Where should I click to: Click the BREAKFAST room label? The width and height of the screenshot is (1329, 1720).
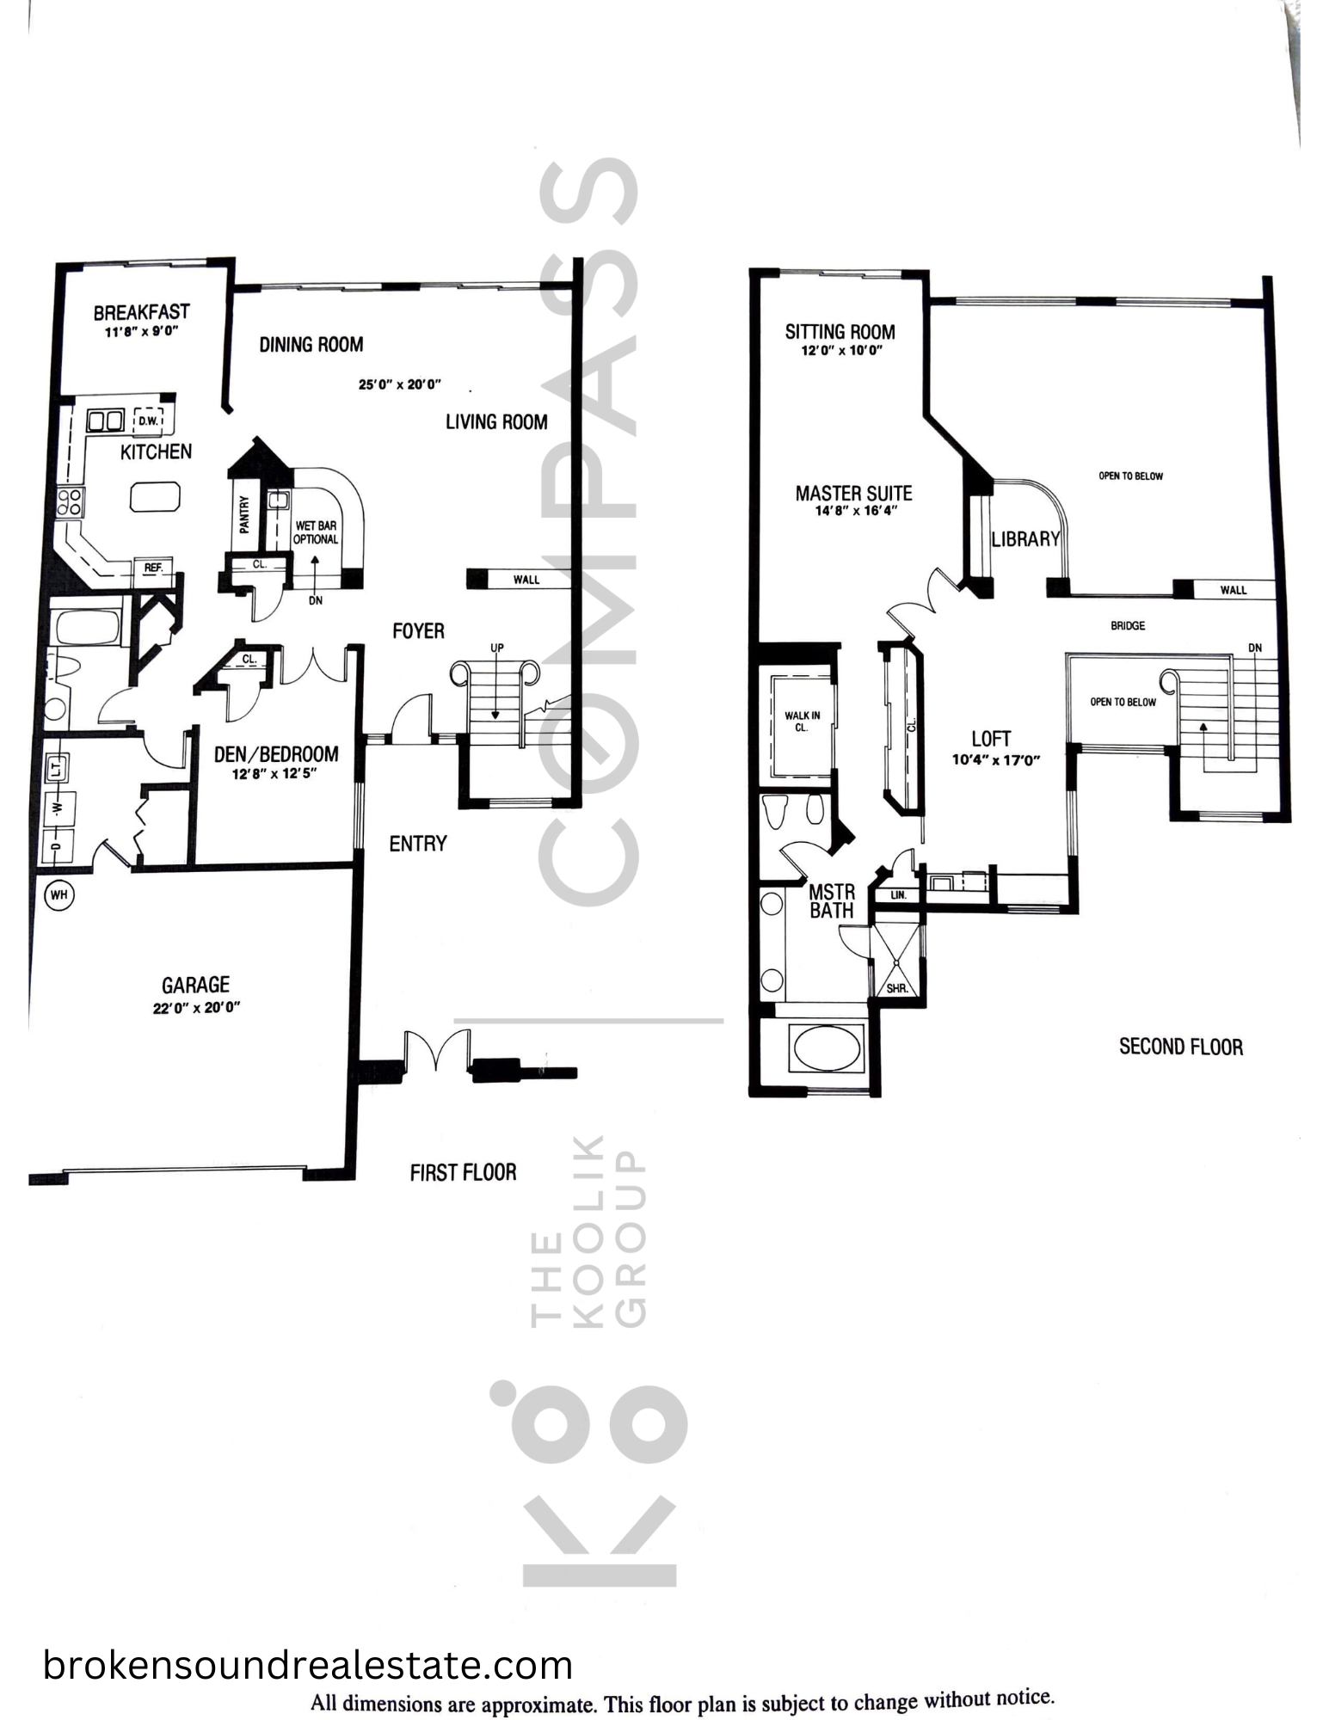tap(141, 312)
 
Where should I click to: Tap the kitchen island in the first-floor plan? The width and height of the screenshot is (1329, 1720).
tap(155, 497)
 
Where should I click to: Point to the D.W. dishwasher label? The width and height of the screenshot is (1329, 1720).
tap(148, 421)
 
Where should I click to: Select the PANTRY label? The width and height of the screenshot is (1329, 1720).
tap(244, 514)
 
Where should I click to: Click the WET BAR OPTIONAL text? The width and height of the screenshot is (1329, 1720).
tap(316, 532)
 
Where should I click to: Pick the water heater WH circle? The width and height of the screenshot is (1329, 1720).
tap(58, 895)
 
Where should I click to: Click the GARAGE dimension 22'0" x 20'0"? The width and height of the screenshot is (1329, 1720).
tap(196, 1007)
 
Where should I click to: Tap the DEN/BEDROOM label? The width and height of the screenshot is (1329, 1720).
tap(276, 754)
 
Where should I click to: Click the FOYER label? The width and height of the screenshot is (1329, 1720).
tap(418, 631)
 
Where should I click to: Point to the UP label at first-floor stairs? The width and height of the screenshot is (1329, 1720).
tap(496, 648)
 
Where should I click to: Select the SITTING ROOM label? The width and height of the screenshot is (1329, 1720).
tap(840, 332)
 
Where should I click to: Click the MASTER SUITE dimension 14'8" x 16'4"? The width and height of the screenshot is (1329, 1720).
tap(856, 511)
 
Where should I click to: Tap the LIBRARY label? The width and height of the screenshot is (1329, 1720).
tap(1025, 539)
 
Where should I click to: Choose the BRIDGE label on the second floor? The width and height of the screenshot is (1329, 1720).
tap(1128, 626)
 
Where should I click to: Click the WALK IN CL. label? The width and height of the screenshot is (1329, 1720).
tap(802, 721)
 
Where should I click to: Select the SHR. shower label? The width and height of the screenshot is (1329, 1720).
tap(897, 988)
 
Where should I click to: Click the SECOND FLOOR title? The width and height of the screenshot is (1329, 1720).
tap(1181, 1047)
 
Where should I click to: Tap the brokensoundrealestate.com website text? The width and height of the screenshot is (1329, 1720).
tap(308, 1665)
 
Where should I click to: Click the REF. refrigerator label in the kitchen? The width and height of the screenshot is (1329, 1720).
tap(154, 568)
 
